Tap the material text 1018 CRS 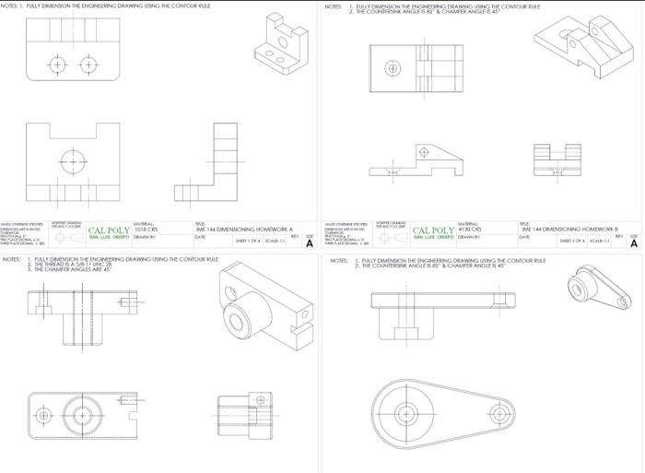[x=147, y=228]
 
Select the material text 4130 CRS [x=471, y=228]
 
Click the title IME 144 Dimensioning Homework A [x=239, y=228]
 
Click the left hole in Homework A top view [x=59, y=65]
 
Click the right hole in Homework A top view [x=88, y=65]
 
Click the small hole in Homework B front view [x=423, y=151]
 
